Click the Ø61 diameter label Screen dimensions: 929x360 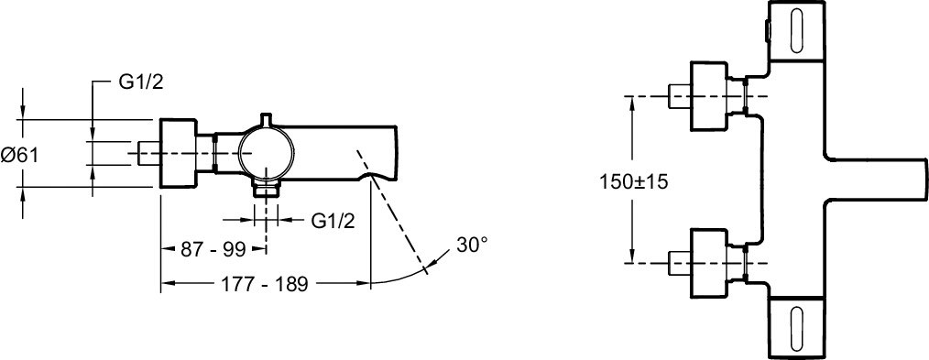[19, 156]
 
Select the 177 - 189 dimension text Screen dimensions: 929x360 [265, 284]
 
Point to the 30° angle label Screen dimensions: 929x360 [472, 245]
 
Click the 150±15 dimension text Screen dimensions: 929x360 [633, 181]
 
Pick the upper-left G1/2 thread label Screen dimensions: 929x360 [140, 82]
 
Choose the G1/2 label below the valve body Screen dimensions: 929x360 [333, 221]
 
